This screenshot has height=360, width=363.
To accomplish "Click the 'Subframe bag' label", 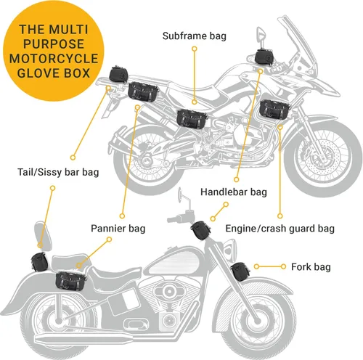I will point(193,34).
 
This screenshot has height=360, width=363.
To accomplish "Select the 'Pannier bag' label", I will point(117,229).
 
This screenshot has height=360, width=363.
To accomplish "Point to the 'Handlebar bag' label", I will point(234,192).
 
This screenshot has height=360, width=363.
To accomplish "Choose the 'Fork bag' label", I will point(311,267).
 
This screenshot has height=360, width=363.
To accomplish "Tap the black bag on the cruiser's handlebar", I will point(198,231).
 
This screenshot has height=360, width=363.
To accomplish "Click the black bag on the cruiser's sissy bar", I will point(40,261).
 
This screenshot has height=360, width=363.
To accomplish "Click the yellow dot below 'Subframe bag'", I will point(194,49).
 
